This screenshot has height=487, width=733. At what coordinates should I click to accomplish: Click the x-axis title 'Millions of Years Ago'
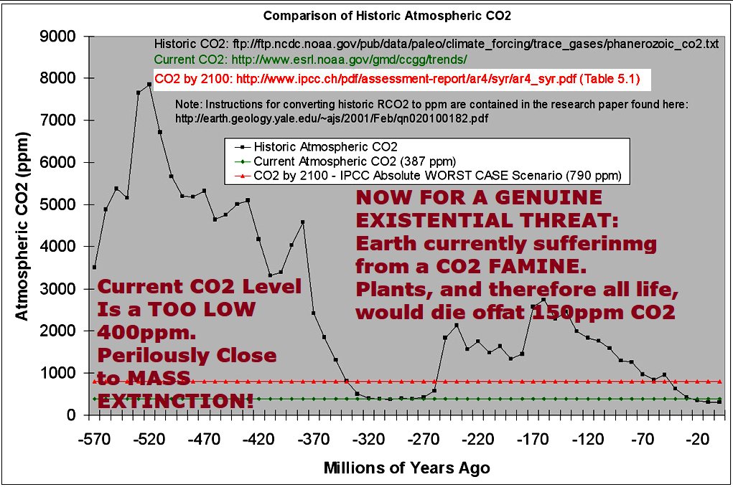[407, 468]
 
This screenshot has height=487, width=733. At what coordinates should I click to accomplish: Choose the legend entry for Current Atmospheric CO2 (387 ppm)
[355, 161]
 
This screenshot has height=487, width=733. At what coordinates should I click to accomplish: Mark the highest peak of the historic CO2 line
[149, 84]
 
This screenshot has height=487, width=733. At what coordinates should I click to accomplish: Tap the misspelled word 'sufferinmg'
[597, 243]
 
